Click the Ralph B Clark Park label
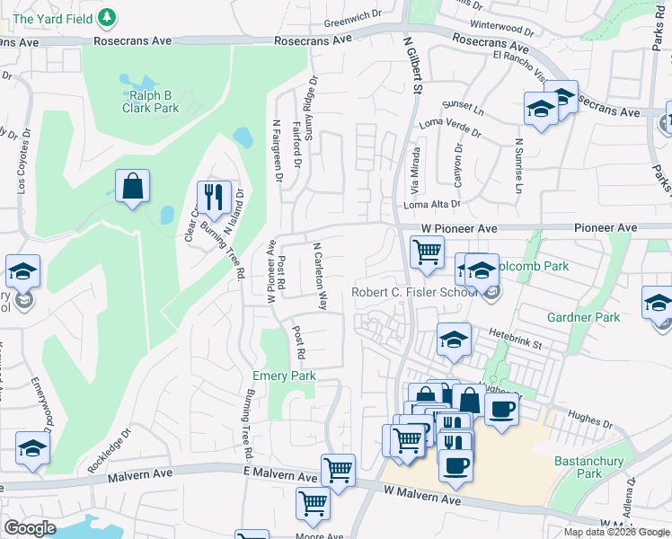tap(151, 102)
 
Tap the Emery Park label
tap(284, 376)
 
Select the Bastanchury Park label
tap(602, 467)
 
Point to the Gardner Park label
tap(584, 317)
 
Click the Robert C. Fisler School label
tap(414, 292)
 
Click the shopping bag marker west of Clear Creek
tap(132, 187)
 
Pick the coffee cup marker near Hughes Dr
tap(501, 410)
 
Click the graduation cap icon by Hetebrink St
tap(455, 340)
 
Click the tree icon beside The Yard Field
tap(108, 16)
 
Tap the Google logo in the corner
tap(30, 528)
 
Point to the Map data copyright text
tap(616, 532)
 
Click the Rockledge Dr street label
tap(109, 451)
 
